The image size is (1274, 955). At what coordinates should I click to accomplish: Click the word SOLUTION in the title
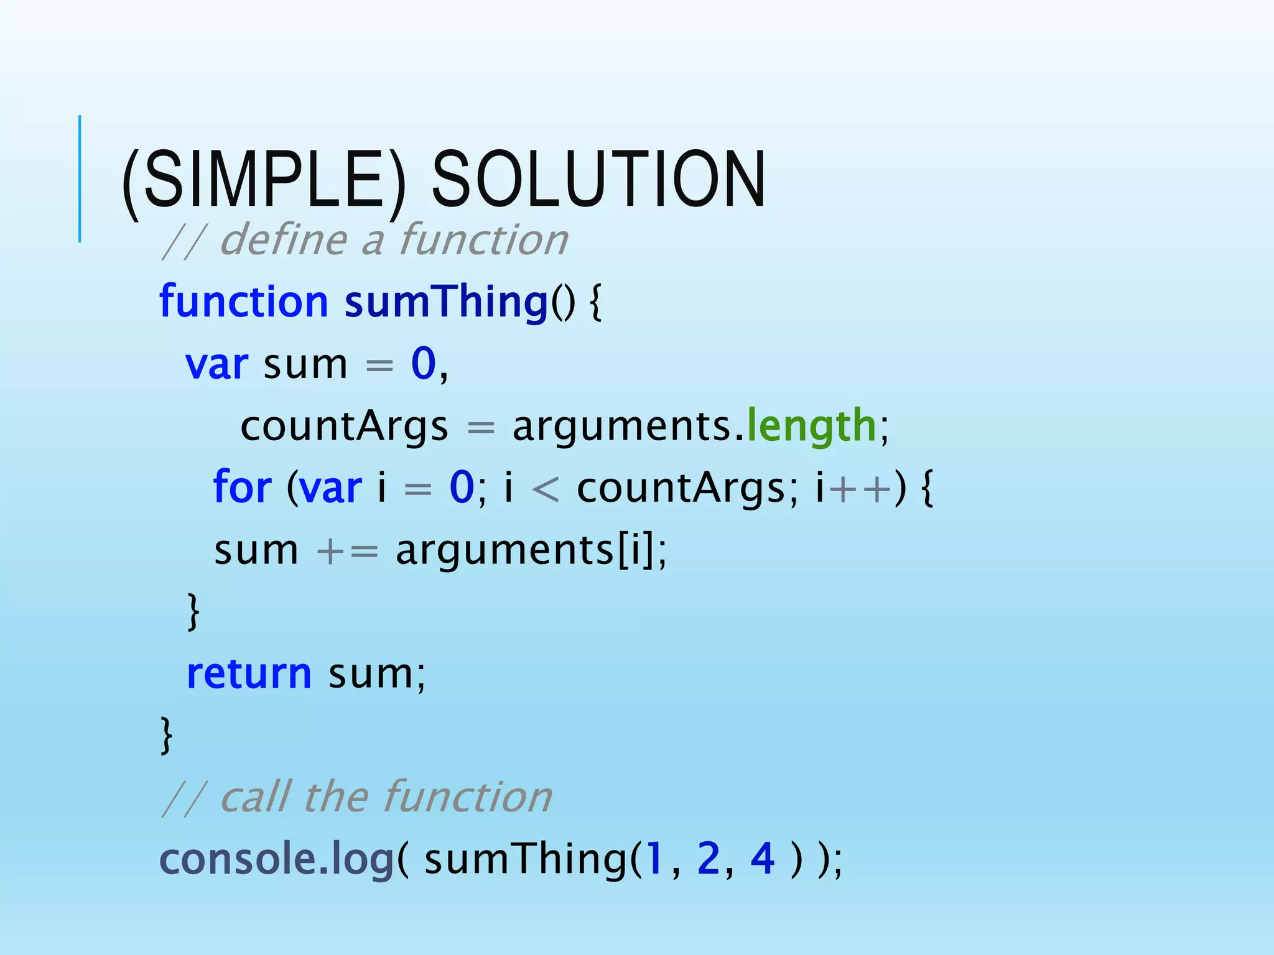598,180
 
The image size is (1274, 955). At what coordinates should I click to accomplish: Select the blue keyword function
243,302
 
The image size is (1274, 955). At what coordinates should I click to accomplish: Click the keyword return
249,674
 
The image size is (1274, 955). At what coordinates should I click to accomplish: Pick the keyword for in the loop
242,487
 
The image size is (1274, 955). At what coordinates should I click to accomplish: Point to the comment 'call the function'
386,798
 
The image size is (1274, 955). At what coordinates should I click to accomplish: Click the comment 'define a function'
393,241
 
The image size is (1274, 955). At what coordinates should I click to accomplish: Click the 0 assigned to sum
424,364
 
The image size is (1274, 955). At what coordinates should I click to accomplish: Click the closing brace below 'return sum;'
166,735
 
